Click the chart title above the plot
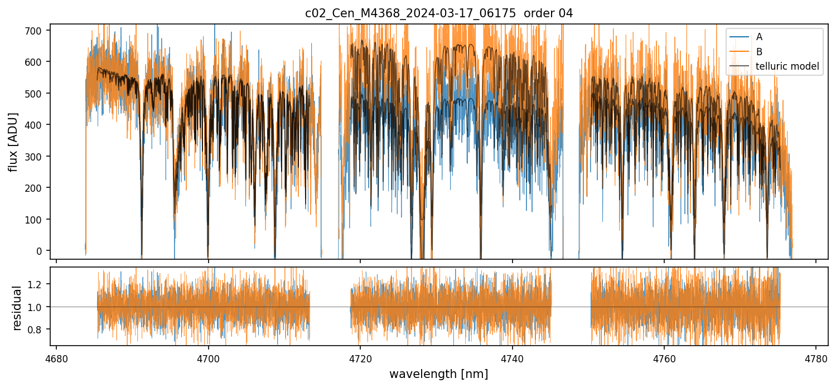point(438,13)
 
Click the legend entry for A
point(759,37)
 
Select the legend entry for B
point(759,52)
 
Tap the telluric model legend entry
point(787,66)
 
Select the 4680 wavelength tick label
point(56,358)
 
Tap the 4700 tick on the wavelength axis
point(208,358)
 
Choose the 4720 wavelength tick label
point(360,358)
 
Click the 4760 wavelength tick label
point(664,358)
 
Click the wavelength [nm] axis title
point(438,374)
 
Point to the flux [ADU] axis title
point(13,142)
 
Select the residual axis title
point(17,308)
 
